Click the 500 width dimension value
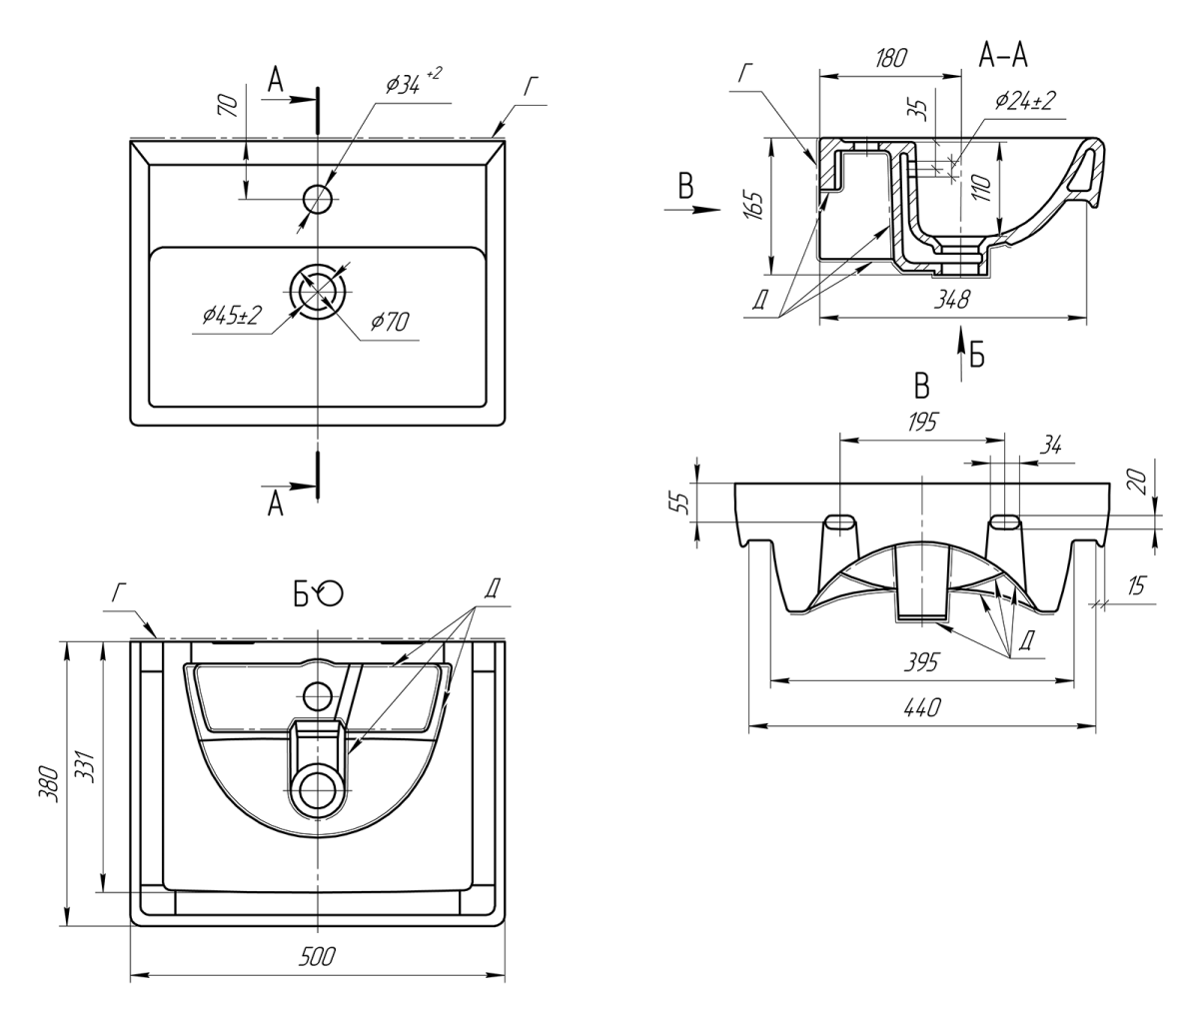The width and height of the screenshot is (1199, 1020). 319,957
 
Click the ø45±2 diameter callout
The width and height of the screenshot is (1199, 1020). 231,316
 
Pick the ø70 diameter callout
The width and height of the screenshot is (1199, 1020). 391,321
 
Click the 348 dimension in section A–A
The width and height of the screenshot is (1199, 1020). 950,299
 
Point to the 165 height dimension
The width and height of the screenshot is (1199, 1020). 753,206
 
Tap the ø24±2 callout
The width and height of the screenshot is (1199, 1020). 1025,100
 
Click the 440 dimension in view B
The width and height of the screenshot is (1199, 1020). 920,707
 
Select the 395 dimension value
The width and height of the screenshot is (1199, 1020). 920,662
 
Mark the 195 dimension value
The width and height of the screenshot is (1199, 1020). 921,423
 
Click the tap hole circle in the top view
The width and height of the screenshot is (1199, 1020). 318,199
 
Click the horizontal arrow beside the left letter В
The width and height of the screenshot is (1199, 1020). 694,210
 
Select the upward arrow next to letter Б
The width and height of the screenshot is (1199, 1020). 959,347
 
